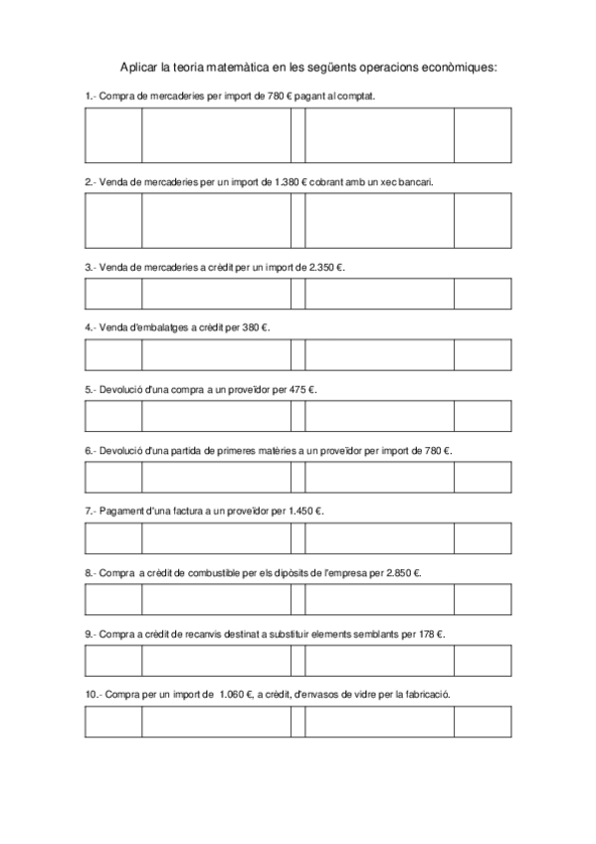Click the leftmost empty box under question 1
pyautogui.click(x=113, y=136)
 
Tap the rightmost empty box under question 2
pyautogui.click(x=483, y=220)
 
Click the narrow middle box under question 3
pyautogui.click(x=298, y=294)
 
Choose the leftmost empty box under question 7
pyautogui.click(x=113, y=538)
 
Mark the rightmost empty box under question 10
pyautogui.click(x=483, y=722)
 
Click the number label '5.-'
pyautogui.click(x=91, y=389)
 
